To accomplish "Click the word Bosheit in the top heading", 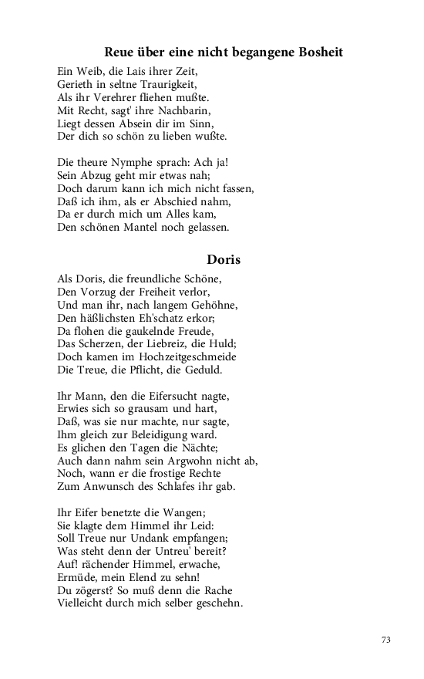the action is [x=318, y=52].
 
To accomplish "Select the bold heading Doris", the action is [x=224, y=259].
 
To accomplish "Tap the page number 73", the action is [x=386, y=639].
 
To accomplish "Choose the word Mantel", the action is [x=158, y=228].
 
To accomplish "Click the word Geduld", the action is [x=201, y=370].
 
